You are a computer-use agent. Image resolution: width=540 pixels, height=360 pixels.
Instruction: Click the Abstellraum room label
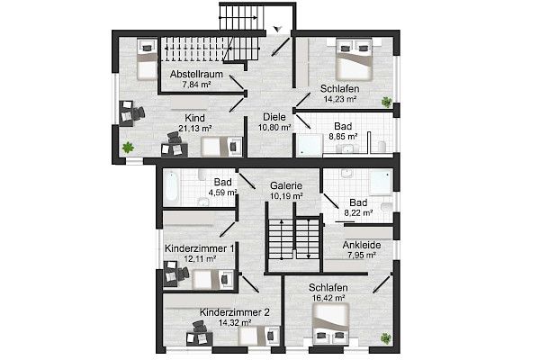(196, 74)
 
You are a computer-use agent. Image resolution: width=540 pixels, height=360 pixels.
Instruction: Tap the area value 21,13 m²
(195, 128)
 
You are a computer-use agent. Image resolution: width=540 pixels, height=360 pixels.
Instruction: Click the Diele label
(274, 117)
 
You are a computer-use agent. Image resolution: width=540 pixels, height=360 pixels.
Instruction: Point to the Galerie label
(286, 185)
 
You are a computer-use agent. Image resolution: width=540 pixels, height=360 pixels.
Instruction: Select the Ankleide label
(362, 245)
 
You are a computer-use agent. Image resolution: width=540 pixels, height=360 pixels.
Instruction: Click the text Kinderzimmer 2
(235, 312)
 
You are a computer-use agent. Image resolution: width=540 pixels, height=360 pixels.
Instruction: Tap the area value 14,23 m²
(340, 99)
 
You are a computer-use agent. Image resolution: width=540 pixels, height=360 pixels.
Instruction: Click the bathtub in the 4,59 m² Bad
(172, 186)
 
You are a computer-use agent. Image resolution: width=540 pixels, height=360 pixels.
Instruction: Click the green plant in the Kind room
(128, 148)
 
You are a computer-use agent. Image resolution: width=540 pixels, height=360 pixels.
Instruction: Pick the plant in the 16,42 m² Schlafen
(386, 338)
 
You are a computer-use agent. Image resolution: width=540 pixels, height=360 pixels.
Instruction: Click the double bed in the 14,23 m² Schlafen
(354, 59)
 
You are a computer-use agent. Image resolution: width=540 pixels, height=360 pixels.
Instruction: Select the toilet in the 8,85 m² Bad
(382, 146)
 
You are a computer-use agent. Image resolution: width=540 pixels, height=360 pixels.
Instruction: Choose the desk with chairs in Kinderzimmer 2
(199, 334)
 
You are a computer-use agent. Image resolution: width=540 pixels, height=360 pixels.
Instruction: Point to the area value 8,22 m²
(358, 213)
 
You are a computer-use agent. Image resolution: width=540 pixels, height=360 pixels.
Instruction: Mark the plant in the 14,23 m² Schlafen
(386, 102)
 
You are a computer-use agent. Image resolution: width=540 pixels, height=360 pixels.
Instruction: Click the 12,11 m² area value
(200, 258)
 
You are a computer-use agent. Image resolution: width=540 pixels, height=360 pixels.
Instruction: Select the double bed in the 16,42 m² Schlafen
(331, 324)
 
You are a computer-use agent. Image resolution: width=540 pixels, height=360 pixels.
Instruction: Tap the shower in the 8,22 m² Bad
(382, 183)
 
